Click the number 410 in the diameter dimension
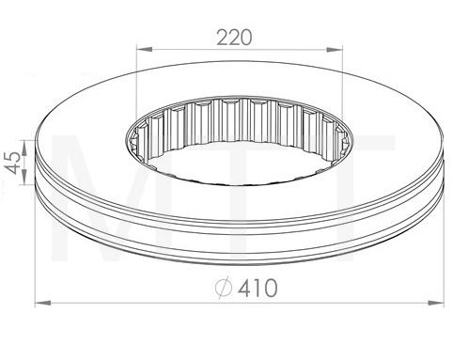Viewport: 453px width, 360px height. point(258,290)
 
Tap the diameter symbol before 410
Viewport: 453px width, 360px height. point(223,290)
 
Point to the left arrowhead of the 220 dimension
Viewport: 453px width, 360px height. point(141,49)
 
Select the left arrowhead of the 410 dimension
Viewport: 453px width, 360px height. point(40,303)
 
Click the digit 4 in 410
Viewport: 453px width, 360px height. point(244,290)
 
